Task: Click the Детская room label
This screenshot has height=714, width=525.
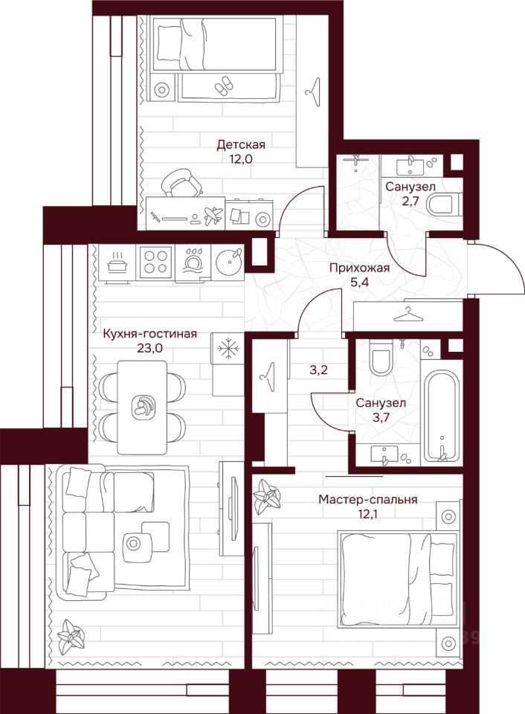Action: click(240, 145)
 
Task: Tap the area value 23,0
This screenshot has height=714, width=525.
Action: click(149, 348)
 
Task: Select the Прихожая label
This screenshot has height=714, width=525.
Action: click(360, 268)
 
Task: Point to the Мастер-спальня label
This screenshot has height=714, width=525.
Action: click(367, 500)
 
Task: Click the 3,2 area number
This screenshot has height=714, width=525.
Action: click(319, 370)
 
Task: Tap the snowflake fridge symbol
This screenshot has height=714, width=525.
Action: click(228, 350)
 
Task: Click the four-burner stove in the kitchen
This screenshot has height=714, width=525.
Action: click(156, 262)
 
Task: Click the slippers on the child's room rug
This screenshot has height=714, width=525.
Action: click(223, 85)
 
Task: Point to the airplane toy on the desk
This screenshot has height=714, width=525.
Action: click(213, 216)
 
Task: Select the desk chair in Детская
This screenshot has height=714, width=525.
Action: click(181, 183)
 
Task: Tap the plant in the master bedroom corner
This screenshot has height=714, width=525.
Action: click(267, 497)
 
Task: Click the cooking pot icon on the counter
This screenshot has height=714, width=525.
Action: click(117, 263)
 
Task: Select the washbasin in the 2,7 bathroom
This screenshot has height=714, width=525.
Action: click(411, 166)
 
